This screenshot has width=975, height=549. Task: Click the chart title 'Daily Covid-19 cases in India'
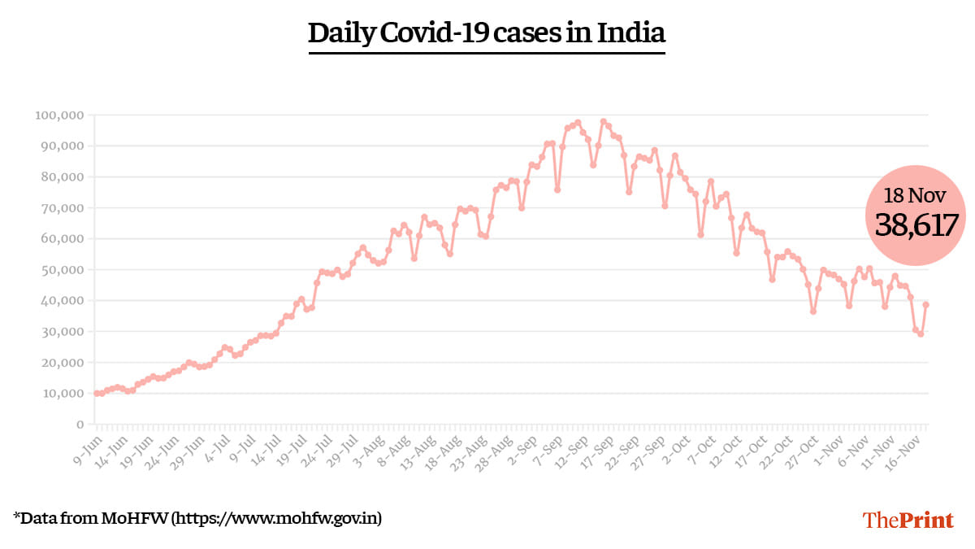point(487,33)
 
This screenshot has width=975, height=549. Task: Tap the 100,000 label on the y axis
point(59,115)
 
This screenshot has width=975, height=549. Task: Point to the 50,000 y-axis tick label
point(62,270)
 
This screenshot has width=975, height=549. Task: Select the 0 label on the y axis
point(80,425)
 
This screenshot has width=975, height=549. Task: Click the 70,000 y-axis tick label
point(62,208)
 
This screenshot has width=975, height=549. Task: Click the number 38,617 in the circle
point(917,224)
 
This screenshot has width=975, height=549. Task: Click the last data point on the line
point(926,305)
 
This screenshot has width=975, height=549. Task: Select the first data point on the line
point(97,394)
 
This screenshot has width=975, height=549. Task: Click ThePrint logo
point(908,520)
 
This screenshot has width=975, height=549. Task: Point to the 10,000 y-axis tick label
point(62,394)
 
